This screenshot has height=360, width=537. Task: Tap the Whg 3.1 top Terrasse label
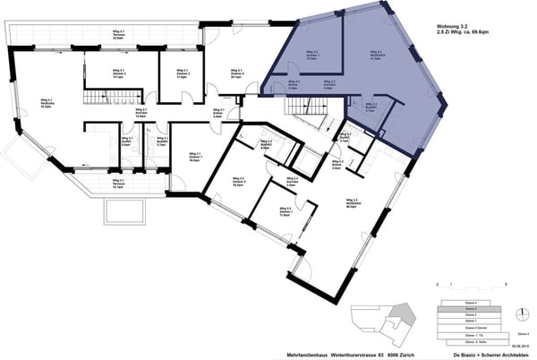117,39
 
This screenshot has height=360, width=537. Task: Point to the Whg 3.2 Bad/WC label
372,107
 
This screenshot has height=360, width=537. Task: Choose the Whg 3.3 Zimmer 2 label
238,182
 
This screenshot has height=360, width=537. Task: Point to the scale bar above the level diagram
473,285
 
